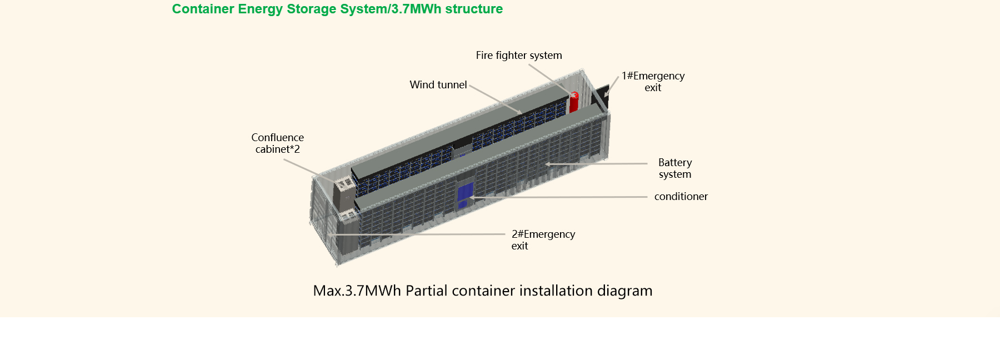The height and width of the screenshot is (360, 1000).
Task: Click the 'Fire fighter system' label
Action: (x=519, y=56)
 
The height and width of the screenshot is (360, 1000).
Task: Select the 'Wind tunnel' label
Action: (x=438, y=85)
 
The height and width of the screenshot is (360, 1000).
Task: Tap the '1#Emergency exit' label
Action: (x=653, y=82)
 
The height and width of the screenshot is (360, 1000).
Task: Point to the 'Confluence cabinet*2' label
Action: (x=277, y=143)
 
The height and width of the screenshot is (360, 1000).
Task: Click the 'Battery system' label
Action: (x=675, y=168)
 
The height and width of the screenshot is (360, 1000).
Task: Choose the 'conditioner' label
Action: (x=681, y=197)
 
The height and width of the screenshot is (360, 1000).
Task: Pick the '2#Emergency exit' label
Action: (x=543, y=240)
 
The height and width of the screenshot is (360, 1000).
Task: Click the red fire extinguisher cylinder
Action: (x=574, y=103)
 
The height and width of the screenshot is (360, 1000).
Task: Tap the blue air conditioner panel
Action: (x=465, y=194)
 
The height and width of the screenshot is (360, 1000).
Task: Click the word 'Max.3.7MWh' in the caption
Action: (x=357, y=291)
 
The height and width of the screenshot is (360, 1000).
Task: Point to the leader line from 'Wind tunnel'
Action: (x=494, y=99)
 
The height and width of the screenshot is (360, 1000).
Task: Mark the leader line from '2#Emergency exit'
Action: (x=417, y=234)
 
